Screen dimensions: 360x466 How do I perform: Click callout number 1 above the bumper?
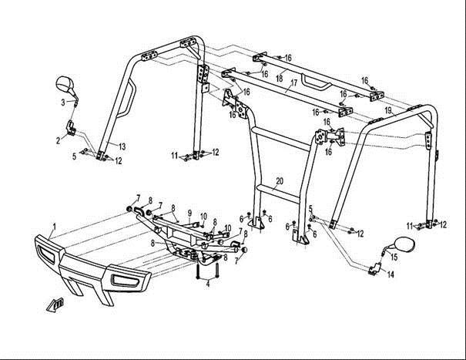[x=53, y=227]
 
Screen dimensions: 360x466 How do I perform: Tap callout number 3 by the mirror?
[x=63, y=102]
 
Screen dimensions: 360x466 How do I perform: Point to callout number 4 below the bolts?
[x=208, y=284]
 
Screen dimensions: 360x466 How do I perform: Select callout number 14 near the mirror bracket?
[x=391, y=274]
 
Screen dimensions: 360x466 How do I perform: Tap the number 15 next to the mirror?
[x=392, y=256]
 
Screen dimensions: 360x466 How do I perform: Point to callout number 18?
[x=280, y=79]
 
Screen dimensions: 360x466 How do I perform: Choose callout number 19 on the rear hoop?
[x=388, y=111]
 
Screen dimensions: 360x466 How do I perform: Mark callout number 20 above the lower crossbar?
[x=279, y=180]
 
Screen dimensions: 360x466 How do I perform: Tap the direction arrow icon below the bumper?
[x=54, y=304]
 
